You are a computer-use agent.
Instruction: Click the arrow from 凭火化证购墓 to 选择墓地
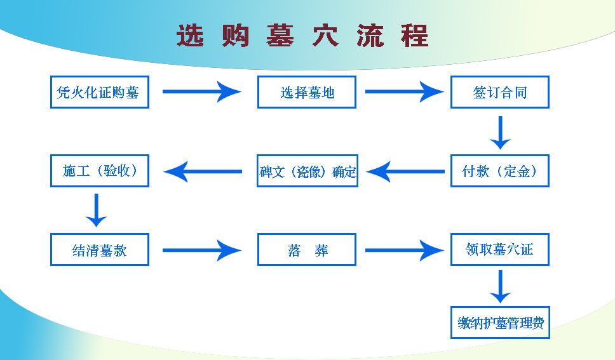[x=202, y=92]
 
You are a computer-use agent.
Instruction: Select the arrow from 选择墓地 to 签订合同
[x=405, y=92]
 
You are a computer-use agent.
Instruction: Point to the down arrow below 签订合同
[x=500, y=133]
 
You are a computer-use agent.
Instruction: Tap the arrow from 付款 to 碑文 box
[x=405, y=171]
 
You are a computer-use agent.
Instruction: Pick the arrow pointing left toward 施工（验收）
[x=203, y=171]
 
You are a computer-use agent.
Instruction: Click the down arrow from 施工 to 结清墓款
[x=96, y=210]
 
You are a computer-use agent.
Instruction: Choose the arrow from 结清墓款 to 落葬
[x=202, y=250]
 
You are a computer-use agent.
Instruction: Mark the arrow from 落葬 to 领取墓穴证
[x=405, y=250]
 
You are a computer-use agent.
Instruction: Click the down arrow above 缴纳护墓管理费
[x=500, y=286]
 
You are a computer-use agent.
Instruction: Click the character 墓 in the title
[x=280, y=36]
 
